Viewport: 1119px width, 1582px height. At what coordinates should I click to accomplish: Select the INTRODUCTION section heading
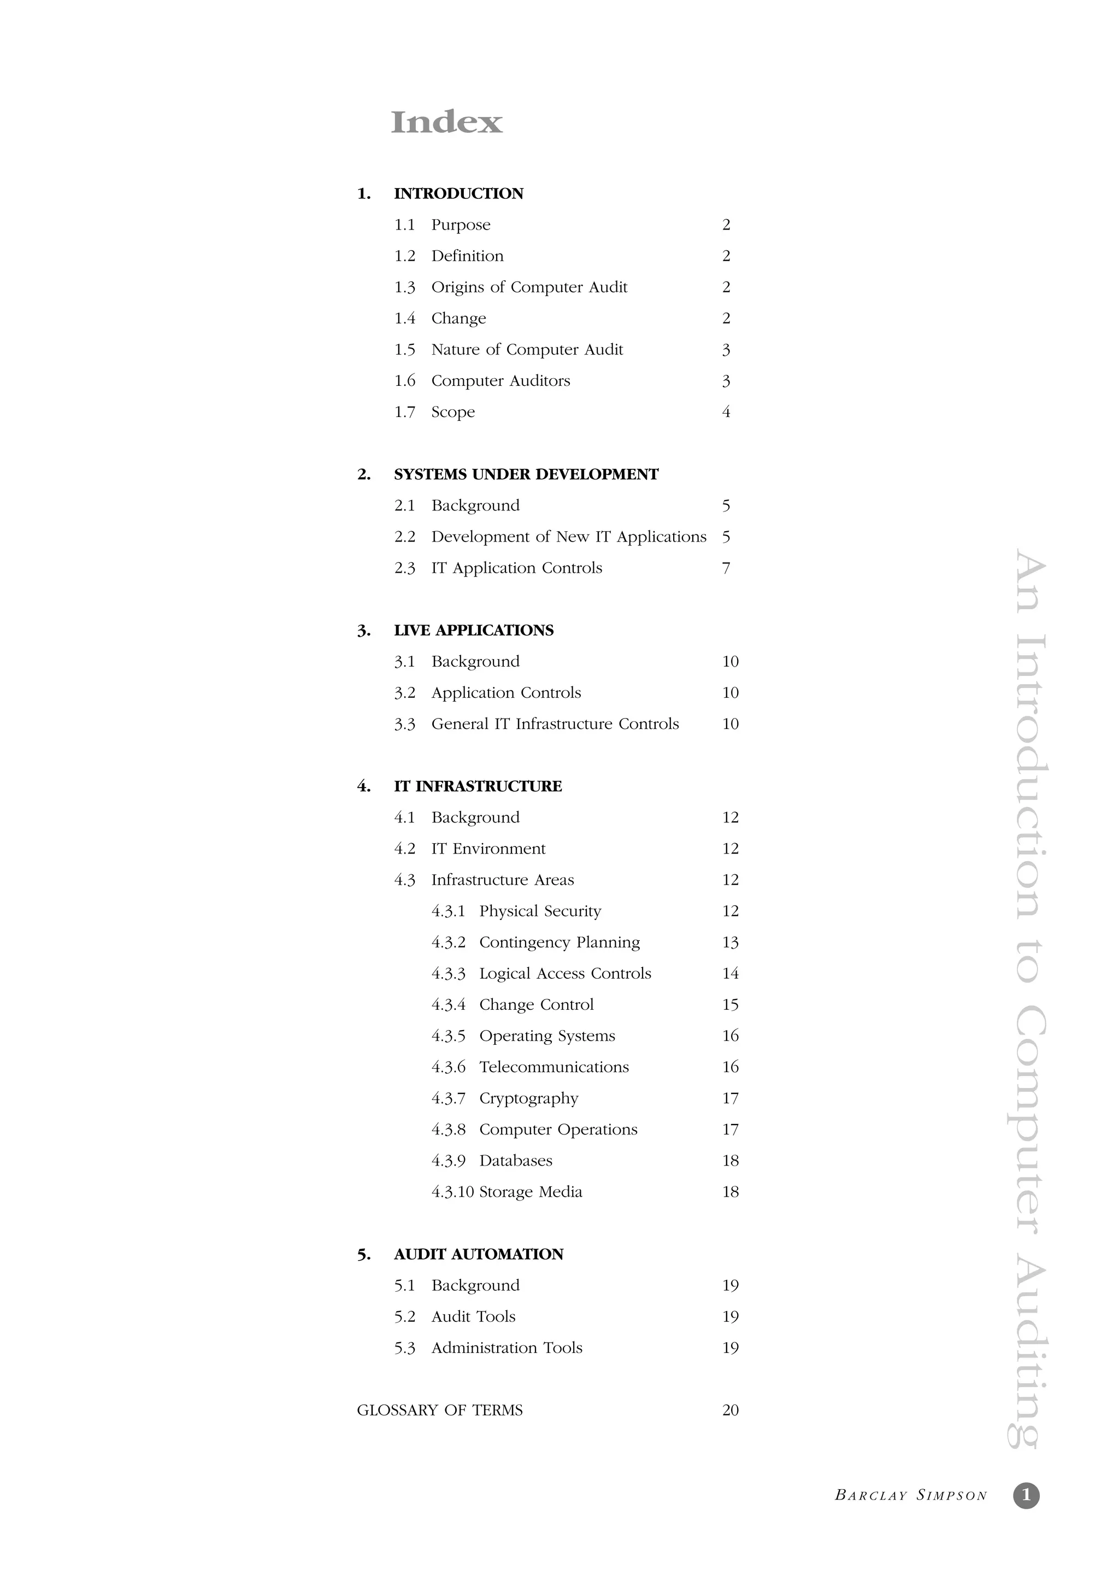point(458,193)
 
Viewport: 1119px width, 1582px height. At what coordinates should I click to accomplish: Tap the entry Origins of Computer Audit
point(529,287)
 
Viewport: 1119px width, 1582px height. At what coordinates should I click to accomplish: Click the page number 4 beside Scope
point(726,412)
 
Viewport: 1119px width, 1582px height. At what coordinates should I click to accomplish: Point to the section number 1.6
point(404,381)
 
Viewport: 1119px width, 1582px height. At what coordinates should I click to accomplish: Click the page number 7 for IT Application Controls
point(726,568)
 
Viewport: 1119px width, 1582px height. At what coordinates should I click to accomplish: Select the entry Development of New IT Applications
point(568,537)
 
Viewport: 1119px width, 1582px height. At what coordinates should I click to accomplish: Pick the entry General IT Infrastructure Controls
point(555,724)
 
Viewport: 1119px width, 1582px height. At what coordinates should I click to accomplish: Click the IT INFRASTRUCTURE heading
point(478,786)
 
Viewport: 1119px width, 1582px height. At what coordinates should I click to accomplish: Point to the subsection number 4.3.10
point(453,1192)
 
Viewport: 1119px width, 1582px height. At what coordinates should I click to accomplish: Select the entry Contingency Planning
point(559,943)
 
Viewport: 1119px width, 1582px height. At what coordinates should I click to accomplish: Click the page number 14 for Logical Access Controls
point(731,974)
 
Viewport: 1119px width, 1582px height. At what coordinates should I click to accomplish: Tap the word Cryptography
point(528,1098)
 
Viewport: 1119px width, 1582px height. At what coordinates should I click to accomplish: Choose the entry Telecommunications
point(554,1067)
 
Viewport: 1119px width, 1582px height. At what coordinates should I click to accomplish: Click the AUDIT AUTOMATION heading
point(478,1254)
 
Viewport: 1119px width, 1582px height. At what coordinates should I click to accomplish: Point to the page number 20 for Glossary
point(731,1410)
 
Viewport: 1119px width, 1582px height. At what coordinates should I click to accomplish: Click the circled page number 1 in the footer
point(1026,1495)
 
